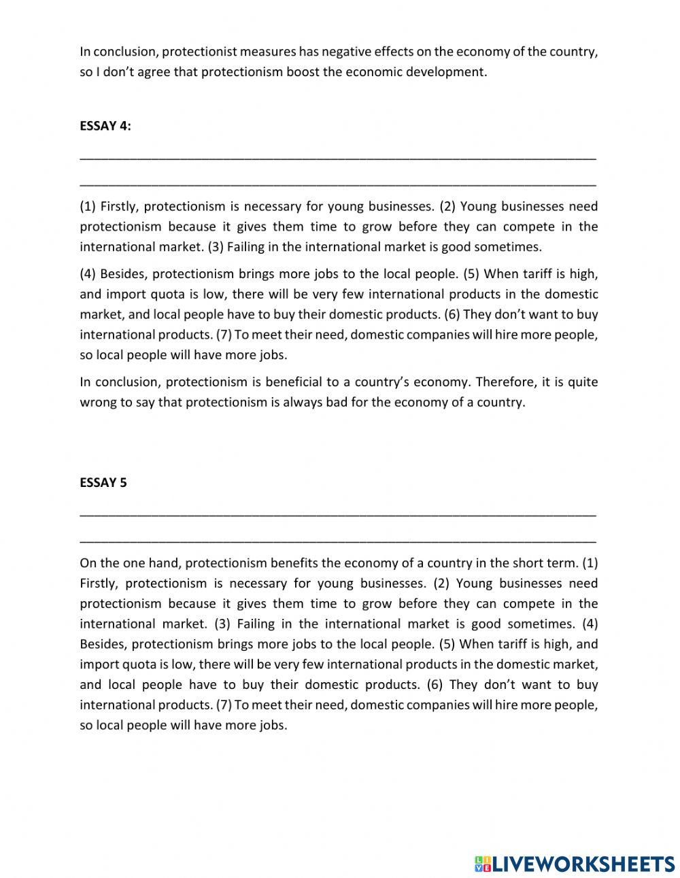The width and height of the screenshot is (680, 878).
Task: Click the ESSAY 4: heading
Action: tap(105, 126)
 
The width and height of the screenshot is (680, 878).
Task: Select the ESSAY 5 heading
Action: tap(103, 483)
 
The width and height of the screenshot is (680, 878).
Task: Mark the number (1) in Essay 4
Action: tap(88, 207)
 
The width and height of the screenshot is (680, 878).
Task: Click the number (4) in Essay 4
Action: tap(88, 274)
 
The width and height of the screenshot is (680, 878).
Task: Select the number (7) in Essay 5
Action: tap(224, 705)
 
